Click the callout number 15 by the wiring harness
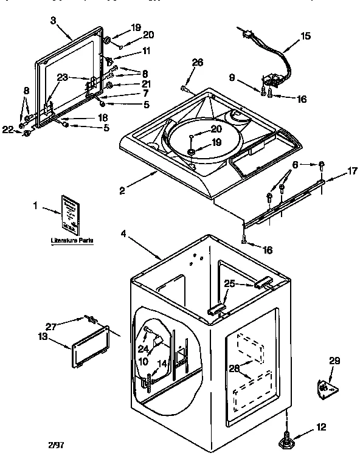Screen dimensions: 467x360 (x=305, y=36)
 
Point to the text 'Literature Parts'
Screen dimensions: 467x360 (x=72, y=241)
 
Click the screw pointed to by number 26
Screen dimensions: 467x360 (x=184, y=89)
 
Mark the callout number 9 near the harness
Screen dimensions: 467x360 (x=250, y=77)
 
